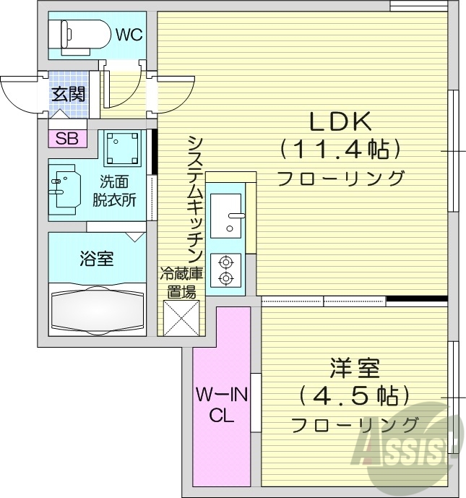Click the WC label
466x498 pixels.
click(128, 33)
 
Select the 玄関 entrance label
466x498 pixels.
click(68, 93)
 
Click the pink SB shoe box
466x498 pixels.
click(67, 138)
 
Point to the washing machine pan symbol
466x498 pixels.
click(120, 149)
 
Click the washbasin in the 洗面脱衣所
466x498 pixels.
click(64, 188)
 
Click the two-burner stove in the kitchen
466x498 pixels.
click(226, 269)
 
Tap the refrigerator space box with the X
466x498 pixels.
click(181, 319)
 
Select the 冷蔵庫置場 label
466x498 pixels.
click(181, 283)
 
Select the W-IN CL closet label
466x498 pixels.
click(221, 405)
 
